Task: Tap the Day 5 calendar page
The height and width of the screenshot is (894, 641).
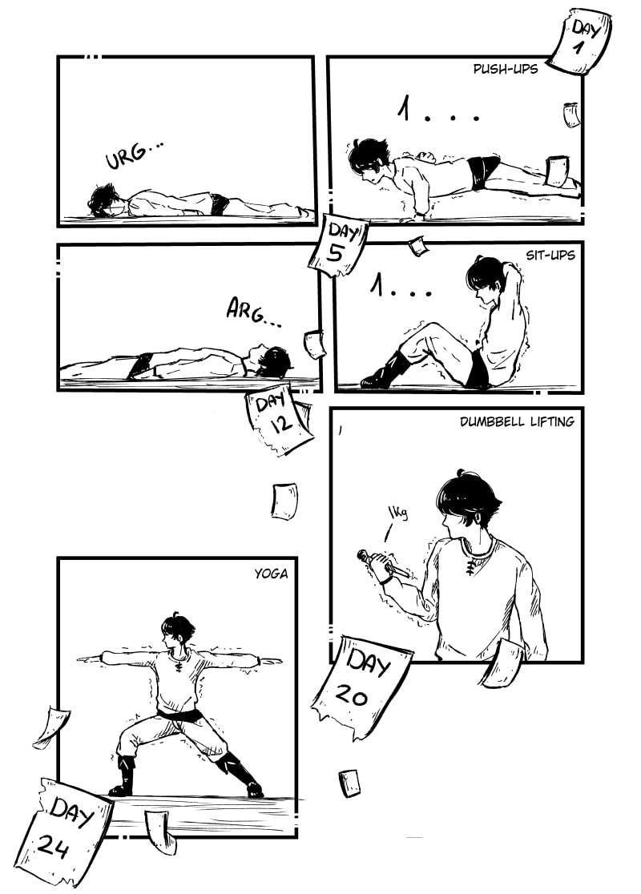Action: click(338, 245)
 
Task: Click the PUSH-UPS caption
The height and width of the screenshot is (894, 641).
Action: click(506, 69)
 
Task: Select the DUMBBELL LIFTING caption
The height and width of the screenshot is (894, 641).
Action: click(517, 421)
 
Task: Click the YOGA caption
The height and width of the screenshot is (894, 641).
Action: click(271, 574)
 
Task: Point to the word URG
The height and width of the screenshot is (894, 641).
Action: click(132, 154)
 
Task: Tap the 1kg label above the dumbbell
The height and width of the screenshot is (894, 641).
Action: click(398, 513)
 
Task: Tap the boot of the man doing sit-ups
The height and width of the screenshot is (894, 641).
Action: click(385, 371)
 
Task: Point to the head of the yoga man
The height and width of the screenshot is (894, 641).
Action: click(174, 631)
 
